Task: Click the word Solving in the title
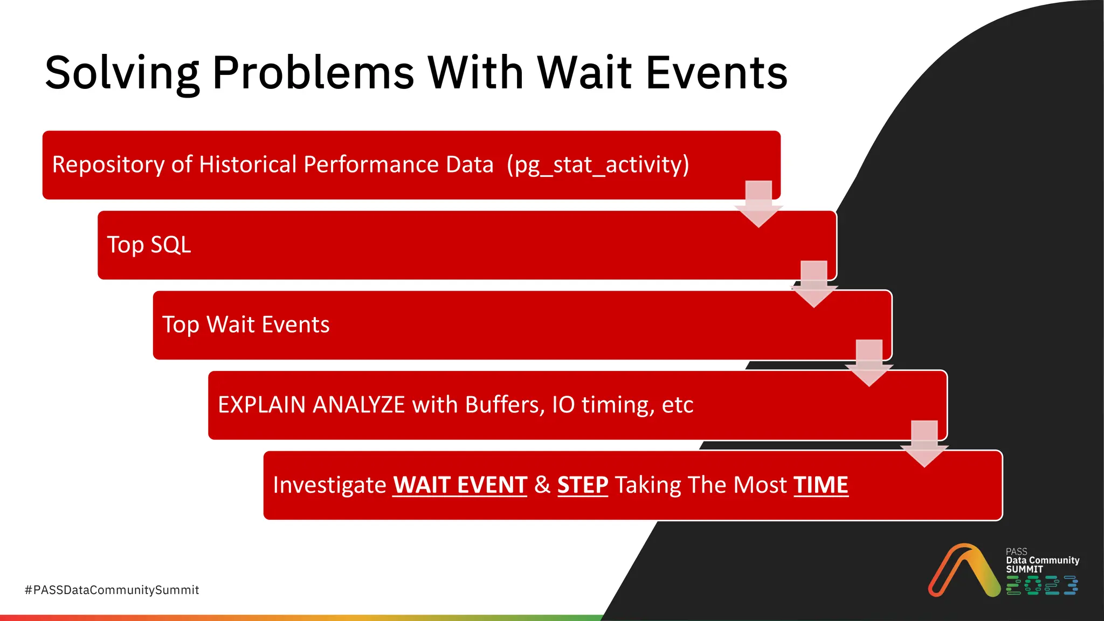(x=122, y=73)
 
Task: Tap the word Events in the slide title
(x=716, y=73)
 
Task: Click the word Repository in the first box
(x=108, y=164)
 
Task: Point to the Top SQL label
(x=149, y=245)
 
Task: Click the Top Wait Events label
(x=246, y=325)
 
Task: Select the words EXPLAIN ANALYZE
(x=311, y=405)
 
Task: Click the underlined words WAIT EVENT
(x=460, y=485)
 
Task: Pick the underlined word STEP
(x=582, y=485)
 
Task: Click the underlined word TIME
(x=820, y=485)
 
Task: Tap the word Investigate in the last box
(x=329, y=485)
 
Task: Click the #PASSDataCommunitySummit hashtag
(x=112, y=590)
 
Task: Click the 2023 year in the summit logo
(x=1041, y=585)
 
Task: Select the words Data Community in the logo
(x=1043, y=560)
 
